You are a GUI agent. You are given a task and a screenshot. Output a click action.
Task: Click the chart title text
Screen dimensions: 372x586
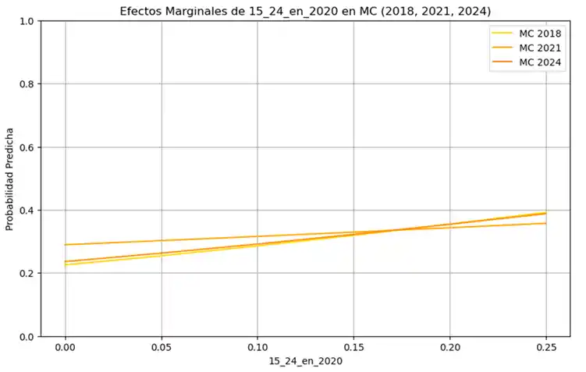pos(305,11)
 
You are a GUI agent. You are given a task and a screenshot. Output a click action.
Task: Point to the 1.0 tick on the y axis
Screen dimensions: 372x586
pos(26,21)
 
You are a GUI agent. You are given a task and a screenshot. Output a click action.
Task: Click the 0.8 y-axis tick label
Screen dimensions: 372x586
pos(26,84)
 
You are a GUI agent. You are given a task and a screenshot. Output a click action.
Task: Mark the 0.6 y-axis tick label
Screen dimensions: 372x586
pos(26,147)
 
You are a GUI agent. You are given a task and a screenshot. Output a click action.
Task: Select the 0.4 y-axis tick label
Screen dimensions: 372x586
pos(26,211)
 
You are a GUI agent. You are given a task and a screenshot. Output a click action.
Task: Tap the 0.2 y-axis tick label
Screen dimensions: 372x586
pos(26,274)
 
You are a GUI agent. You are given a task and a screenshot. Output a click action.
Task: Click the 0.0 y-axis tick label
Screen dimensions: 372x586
pos(26,337)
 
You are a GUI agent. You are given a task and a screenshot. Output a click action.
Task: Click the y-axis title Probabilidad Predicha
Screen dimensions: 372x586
pos(10,179)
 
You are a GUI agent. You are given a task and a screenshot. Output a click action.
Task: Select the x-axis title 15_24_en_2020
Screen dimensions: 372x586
pos(305,362)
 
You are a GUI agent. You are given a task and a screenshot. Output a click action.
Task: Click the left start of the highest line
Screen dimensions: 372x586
pos(66,245)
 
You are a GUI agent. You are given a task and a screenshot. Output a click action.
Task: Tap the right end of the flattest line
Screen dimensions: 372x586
pos(545,223)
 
